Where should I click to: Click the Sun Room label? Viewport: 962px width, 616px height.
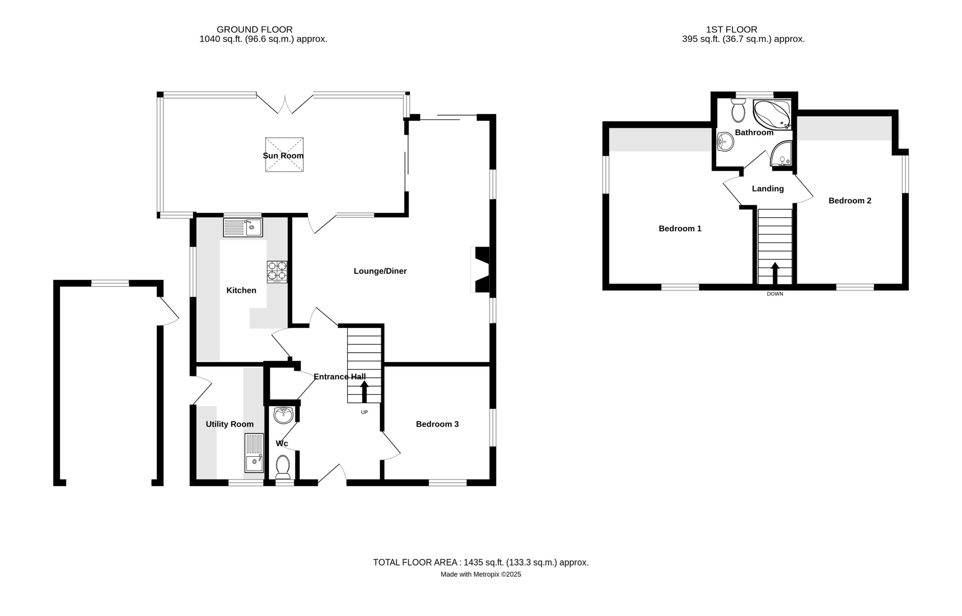point(283,156)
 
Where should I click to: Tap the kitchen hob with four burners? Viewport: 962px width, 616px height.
point(277,272)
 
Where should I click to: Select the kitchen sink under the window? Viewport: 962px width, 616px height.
point(243,227)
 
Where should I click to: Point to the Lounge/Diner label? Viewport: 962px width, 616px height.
point(380,271)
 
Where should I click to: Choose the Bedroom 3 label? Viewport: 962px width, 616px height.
point(437,424)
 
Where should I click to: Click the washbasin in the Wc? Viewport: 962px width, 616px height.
point(284,415)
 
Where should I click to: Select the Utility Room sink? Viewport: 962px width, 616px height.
point(254,453)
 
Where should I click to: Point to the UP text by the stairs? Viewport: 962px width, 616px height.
point(364,413)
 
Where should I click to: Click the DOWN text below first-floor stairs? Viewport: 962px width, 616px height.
point(775,294)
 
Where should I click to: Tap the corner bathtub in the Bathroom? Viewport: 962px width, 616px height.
point(772,114)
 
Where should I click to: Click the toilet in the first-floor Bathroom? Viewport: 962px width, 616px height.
point(738,110)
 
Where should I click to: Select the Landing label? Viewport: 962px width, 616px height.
point(768,189)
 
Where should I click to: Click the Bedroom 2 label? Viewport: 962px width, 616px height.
point(850,201)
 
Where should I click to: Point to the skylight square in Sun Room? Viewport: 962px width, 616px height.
point(284,155)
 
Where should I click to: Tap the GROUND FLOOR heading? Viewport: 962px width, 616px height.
point(255,30)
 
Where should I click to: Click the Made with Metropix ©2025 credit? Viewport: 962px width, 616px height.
point(481,574)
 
